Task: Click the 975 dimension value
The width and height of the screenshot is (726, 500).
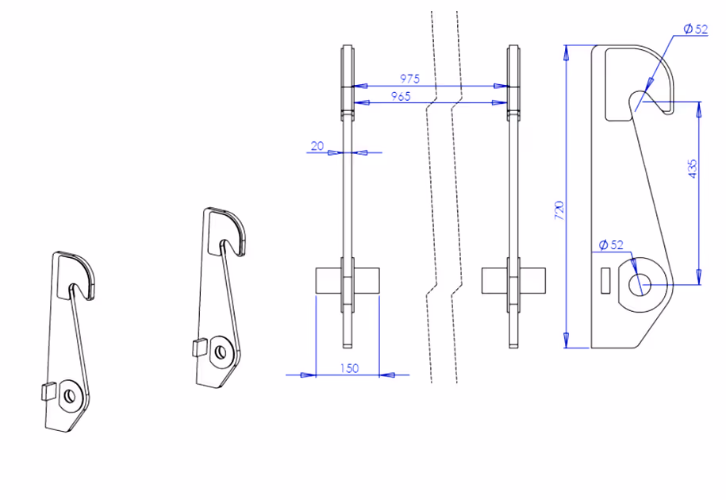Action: [409, 79]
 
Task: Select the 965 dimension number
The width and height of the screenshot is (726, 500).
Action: [401, 96]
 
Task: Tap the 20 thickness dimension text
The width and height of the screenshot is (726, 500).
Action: [317, 146]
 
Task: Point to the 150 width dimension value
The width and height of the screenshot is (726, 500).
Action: [350, 368]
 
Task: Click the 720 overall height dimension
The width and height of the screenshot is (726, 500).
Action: [559, 210]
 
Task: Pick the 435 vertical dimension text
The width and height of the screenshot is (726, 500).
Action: [692, 169]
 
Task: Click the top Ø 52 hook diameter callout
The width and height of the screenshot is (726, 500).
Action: [696, 29]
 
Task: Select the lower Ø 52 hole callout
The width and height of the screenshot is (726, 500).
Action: [611, 244]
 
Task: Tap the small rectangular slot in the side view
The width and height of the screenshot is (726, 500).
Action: [605, 281]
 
